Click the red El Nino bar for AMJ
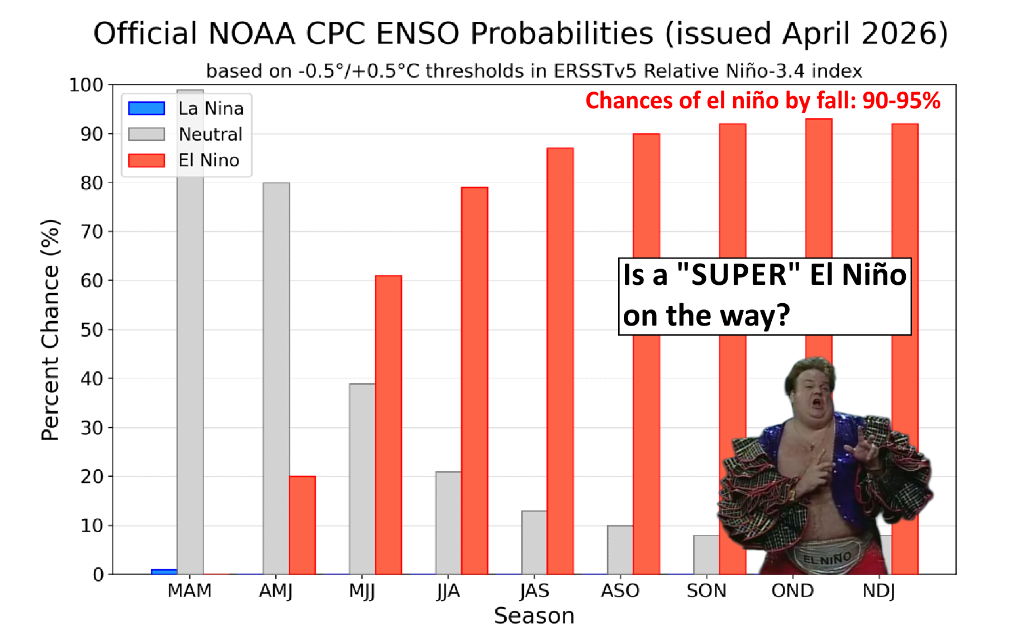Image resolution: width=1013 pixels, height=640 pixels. pos(302,525)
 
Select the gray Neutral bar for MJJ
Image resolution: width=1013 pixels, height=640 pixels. pos(362,479)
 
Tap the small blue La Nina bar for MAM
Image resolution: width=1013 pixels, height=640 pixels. pos(164,572)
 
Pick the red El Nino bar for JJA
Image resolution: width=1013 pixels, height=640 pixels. pos(475,381)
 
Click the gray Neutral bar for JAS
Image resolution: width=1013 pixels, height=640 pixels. pos(534,542)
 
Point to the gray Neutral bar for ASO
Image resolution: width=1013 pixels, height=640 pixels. pos(620,550)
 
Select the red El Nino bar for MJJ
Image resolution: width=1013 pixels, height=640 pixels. pos(389,425)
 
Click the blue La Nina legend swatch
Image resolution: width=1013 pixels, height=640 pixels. pos(146,108)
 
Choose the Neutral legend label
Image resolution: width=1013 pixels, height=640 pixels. pos(211,134)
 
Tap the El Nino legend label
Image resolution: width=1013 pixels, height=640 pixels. pos(209,160)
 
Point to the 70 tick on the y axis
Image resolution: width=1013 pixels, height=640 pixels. pos(92,232)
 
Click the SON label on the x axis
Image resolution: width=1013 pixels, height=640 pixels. pos(706,591)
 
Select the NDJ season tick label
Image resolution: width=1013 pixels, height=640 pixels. pos(879,591)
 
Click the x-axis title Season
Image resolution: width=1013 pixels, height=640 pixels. pos(534,616)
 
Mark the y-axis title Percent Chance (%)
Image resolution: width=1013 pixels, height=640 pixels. pos(50,329)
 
